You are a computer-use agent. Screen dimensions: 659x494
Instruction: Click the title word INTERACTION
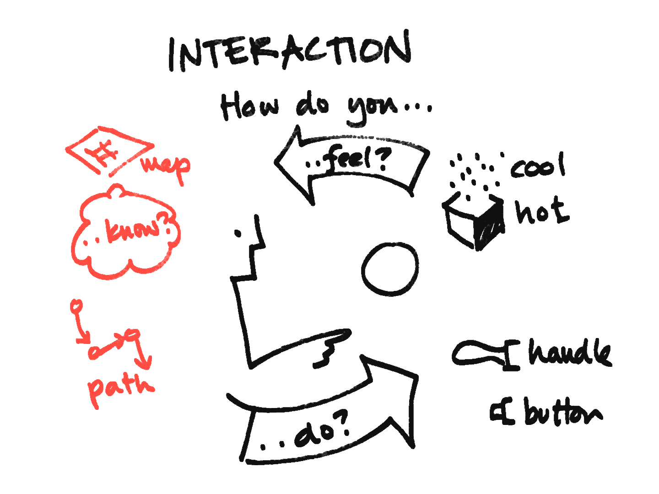[x=290, y=51]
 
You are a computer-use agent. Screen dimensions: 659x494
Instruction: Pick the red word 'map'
[x=166, y=168]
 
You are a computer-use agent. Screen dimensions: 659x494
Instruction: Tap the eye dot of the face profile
[x=238, y=233]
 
